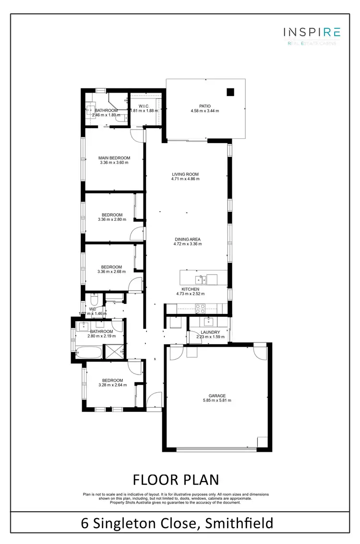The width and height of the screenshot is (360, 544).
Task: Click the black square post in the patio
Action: [230, 93]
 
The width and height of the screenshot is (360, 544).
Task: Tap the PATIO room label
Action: [205, 107]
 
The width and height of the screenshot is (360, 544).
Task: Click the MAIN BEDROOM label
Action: [114, 158]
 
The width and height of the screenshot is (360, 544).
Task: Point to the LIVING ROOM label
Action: [185, 174]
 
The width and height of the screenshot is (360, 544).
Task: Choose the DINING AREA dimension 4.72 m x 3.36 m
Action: [187, 244]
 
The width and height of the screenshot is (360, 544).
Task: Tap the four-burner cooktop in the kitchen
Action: [199, 308]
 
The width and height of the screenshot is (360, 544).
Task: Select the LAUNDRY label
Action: [211, 332]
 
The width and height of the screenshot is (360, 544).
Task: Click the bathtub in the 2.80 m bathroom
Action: [89, 353]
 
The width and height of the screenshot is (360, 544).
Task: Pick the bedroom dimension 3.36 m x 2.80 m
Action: [112, 219]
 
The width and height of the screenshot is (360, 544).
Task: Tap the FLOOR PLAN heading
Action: [175, 479]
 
